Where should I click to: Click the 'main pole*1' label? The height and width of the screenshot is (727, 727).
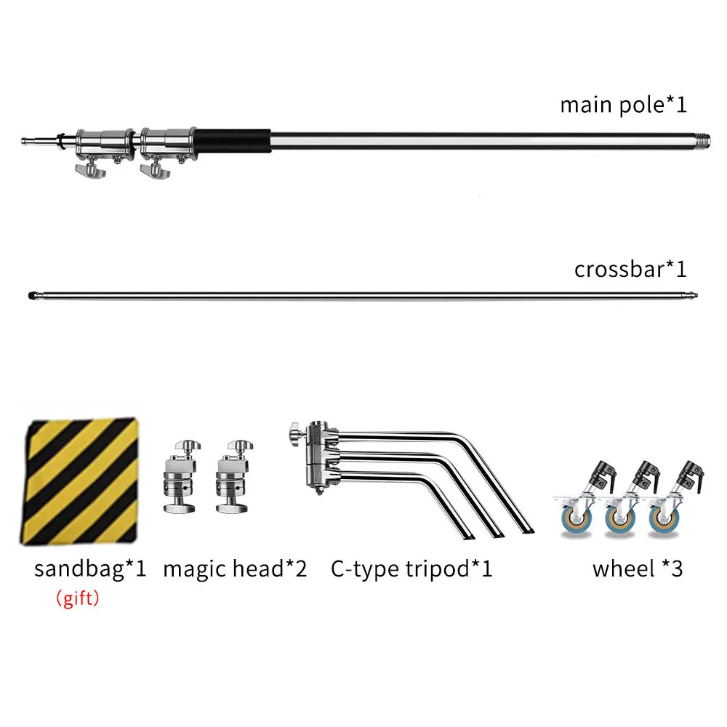[623, 105]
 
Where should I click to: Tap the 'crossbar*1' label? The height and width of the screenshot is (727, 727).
[630, 269]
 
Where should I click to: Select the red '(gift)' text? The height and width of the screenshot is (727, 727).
[78, 598]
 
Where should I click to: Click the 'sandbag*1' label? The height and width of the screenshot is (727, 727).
[90, 569]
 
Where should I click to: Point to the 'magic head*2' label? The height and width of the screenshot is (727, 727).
[235, 569]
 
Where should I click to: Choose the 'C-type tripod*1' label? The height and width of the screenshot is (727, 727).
[411, 569]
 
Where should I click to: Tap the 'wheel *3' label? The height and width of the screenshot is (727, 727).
[638, 569]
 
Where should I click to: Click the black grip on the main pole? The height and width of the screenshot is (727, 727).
[233, 140]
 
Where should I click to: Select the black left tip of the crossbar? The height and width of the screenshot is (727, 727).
[31, 295]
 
